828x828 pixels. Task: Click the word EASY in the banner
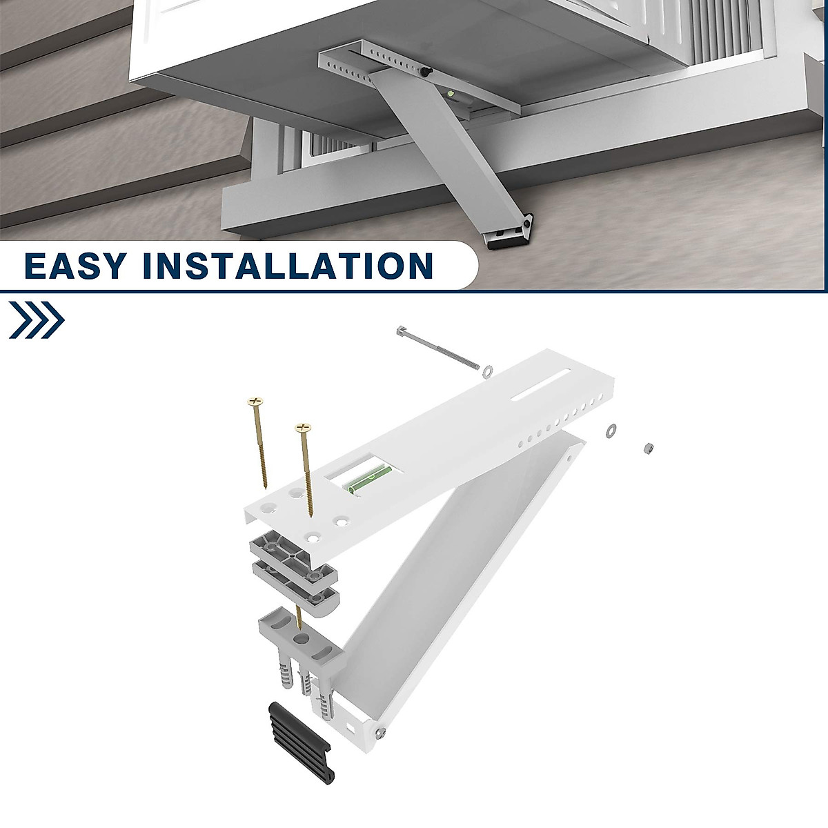point(75,266)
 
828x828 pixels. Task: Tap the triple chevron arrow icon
point(37,320)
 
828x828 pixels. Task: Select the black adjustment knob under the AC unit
point(426,71)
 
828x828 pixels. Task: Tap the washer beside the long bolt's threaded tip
point(486,371)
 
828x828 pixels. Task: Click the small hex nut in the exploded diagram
point(648,448)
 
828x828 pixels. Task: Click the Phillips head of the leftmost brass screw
point(255,401)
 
